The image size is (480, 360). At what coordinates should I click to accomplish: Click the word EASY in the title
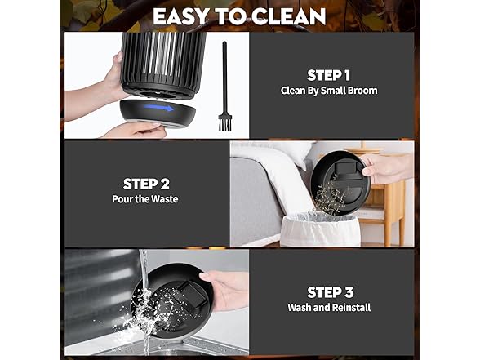click(x=181, y=16)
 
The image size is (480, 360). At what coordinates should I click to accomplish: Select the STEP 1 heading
click(x=328, y=75)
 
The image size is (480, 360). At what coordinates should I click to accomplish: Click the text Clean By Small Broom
click(x=329, y=91)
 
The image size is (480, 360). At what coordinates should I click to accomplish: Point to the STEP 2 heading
click(x=146, y=184)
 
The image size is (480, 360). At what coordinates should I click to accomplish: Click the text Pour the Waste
click(x=145, y=199)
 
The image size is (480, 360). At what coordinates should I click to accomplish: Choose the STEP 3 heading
click(x=331, y=292)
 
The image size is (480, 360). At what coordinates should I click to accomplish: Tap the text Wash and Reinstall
click(x=329, y=307)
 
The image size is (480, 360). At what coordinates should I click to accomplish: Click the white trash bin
click(x=320, y=230)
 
